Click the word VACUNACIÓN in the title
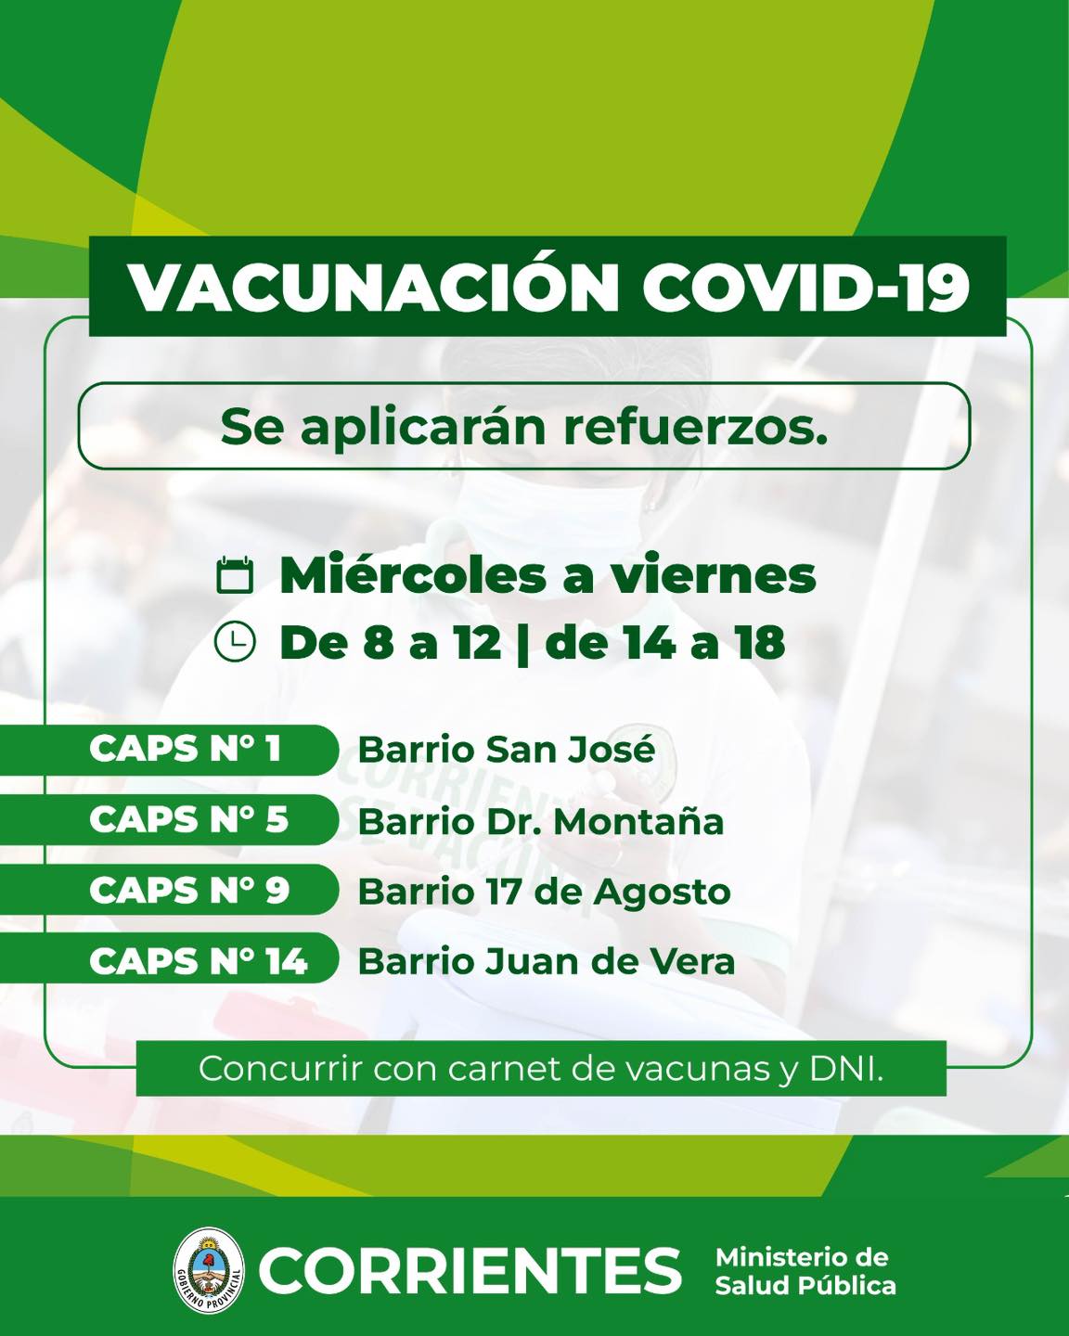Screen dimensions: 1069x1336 pyautogui.click(x=374, y=286)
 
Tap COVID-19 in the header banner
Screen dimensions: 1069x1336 pyautogui.click(x=805, y=288)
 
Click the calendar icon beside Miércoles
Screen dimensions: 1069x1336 pyautogui.click(x=235, y=575)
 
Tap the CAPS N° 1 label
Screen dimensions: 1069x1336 pyautogui.click(x=185, y=748)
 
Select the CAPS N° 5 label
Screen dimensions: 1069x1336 pyautogui.click(x=188, y=819)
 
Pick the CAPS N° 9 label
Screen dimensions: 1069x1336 pyautogui.click(x=189, y=890)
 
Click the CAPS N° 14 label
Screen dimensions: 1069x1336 pyautogui.click(x=199, y=961)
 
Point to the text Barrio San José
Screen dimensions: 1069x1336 pyautogui.click(x=507, y=749)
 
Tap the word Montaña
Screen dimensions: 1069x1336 pyautogui.click(x=639, y=821)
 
